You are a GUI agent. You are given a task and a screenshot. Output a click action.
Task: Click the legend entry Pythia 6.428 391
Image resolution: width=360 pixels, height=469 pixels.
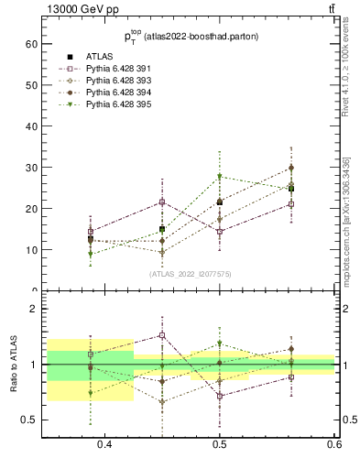click(x=111, y=69)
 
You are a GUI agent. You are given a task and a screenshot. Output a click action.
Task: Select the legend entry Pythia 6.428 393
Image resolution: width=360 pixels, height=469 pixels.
click(x=111, y=81)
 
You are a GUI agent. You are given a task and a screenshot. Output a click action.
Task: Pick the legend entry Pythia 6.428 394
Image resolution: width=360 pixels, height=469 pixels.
click(x=111, y=93)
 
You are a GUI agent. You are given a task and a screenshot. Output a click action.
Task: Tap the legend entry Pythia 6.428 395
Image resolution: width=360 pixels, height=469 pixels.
click(x=111, y=104)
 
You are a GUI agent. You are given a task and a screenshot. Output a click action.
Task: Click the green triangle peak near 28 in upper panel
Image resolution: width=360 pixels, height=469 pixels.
click(x=219, y=177)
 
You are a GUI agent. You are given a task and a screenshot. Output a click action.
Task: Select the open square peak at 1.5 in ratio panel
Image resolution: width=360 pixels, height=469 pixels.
click(x=162, y=335)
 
